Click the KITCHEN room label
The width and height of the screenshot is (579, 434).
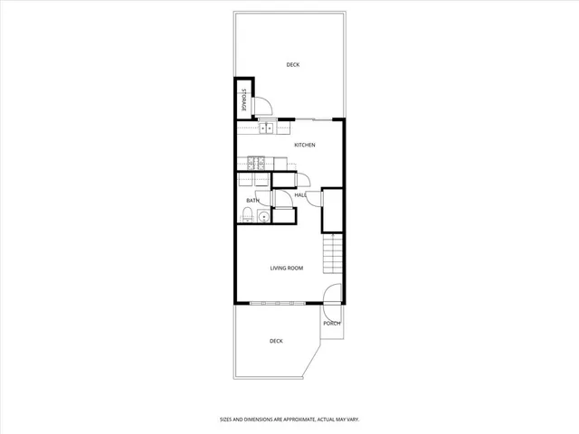(x=304, y=146)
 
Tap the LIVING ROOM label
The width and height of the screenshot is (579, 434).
(x=286, y=268)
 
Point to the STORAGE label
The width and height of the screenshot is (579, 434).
(x=244, y=100)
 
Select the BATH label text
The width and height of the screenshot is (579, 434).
(x=252, y=201)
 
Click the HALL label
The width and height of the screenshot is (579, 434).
(x=300, y=194)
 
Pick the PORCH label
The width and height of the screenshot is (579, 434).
(x=332, y=323)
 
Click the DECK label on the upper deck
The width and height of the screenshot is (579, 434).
(x=292, y=64)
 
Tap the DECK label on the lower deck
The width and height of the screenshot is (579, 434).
(x=276, y=341)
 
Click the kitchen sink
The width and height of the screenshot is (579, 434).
(x=268, y=128)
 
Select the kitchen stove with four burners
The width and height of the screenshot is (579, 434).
(x=256, y=164)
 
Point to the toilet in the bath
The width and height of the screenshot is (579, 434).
(x=247, y=214)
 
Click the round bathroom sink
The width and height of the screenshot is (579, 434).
(x=263, y=216)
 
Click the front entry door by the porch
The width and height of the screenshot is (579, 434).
(x=332, y=295)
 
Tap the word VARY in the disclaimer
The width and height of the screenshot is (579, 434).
(x=352, y=419)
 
